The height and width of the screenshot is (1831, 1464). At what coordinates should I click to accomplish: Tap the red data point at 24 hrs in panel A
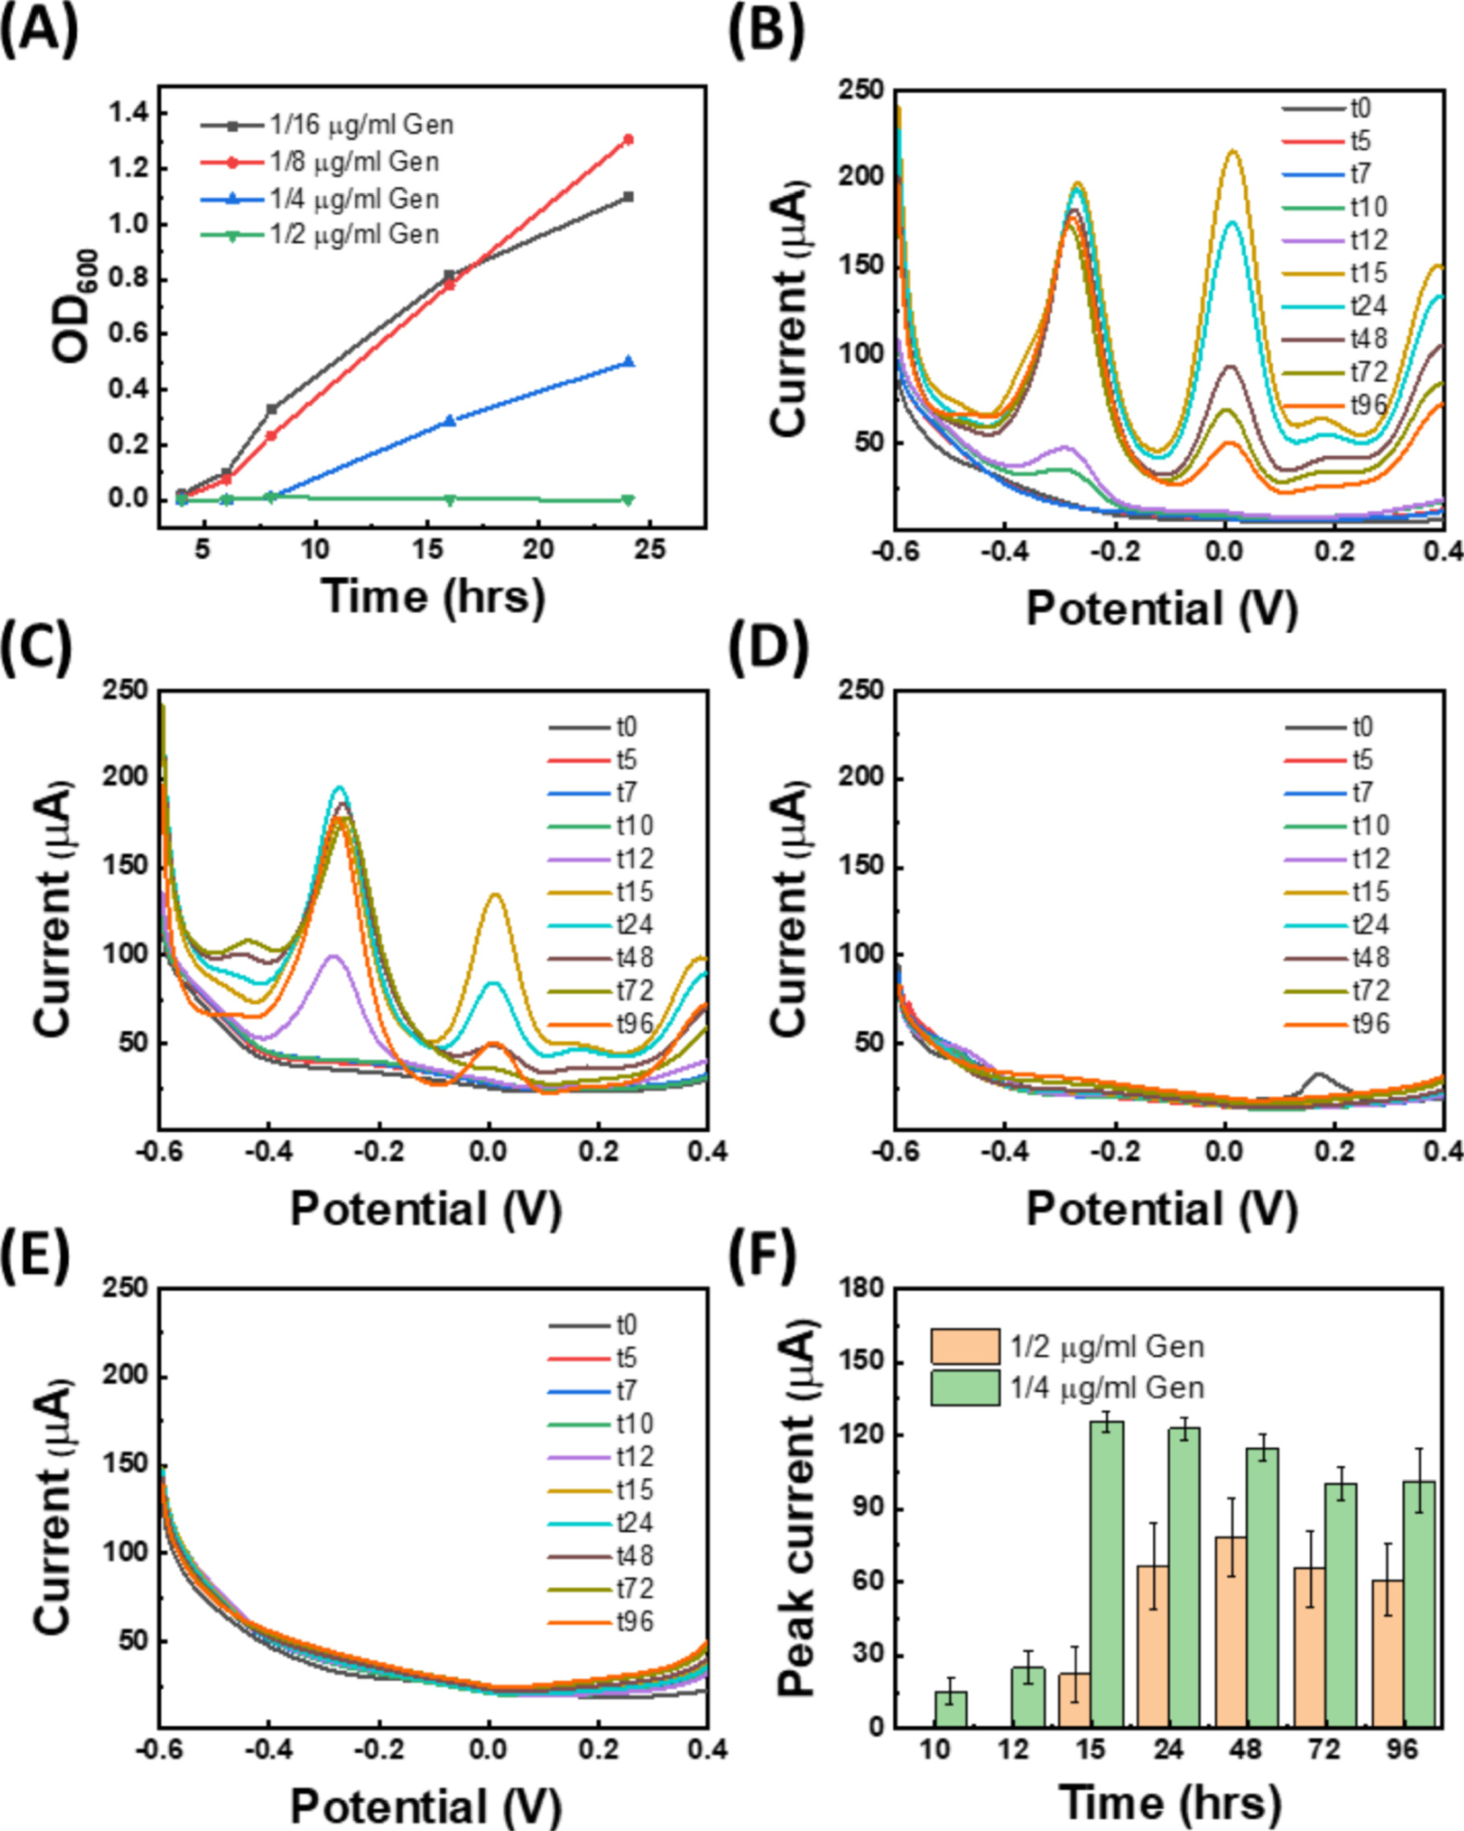coord(628,139)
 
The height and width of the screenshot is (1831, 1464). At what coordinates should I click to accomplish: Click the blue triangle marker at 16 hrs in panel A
coord(450,421)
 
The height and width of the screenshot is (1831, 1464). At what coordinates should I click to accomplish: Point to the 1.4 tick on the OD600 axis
coord(125,113)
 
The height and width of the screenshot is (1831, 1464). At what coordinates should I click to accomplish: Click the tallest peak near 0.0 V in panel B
coord(1232,153)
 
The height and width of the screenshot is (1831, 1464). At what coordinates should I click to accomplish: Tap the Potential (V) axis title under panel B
coord(1162,608)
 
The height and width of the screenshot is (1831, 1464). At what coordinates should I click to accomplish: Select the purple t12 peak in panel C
coord(334,957)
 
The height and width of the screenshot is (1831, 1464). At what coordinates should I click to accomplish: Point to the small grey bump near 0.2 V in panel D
coord(1318,1074)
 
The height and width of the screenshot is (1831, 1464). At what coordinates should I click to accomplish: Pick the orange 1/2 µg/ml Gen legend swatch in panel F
coord(964,1347)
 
